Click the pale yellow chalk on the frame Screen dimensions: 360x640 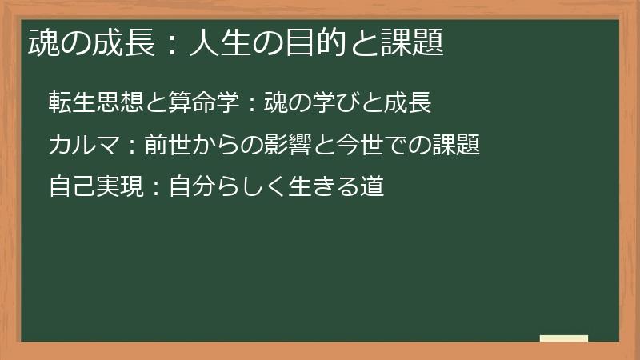[564, 338]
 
